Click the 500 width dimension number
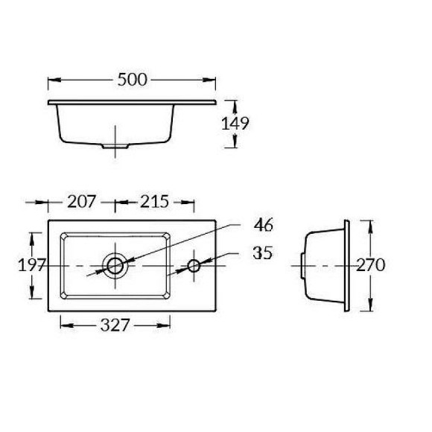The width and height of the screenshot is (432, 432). click(133, 80)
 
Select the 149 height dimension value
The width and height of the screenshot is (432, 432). click(235, 124)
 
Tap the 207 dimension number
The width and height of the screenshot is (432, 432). click(81, 201)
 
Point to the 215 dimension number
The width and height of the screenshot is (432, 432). click(154, 201)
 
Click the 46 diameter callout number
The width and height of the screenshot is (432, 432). click(264, 225)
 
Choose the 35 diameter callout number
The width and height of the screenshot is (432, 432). click(263, 252)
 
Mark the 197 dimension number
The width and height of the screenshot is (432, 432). click(31, 265)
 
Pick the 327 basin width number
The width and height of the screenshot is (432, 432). click(115, 325)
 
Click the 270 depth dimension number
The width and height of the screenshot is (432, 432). click(370, 265)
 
